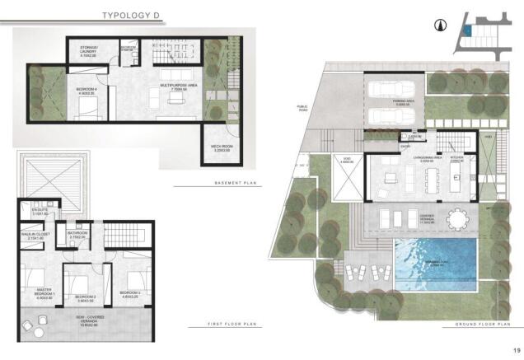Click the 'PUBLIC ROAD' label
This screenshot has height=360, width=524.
pos(302,108)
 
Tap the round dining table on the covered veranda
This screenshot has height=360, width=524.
pos(456,219)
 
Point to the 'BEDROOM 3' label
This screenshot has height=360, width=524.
pos(130,293)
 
